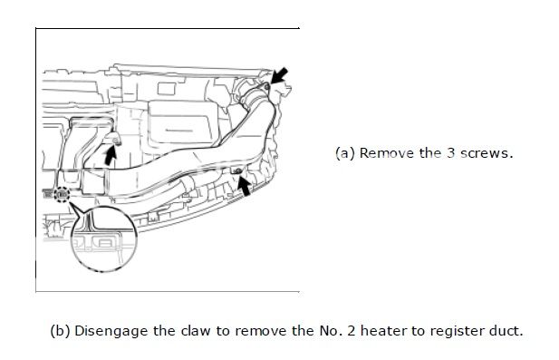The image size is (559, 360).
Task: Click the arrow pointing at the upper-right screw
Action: coord(279,75)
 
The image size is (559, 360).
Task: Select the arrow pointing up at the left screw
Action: coord(111,156)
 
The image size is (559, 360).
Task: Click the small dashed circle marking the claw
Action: coord(62,194)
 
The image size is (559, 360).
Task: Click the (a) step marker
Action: coord(345,153)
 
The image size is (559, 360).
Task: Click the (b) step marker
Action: coord(61,331)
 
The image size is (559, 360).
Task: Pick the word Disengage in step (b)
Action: coord(111,332)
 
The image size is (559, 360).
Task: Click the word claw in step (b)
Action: coord(196,331)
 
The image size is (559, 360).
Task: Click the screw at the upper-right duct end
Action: coord(267,87)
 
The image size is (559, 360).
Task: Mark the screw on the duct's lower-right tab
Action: coord(237,171)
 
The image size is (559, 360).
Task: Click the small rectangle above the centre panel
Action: coord(166,89)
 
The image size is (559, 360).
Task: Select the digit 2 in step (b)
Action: coord(352,331)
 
